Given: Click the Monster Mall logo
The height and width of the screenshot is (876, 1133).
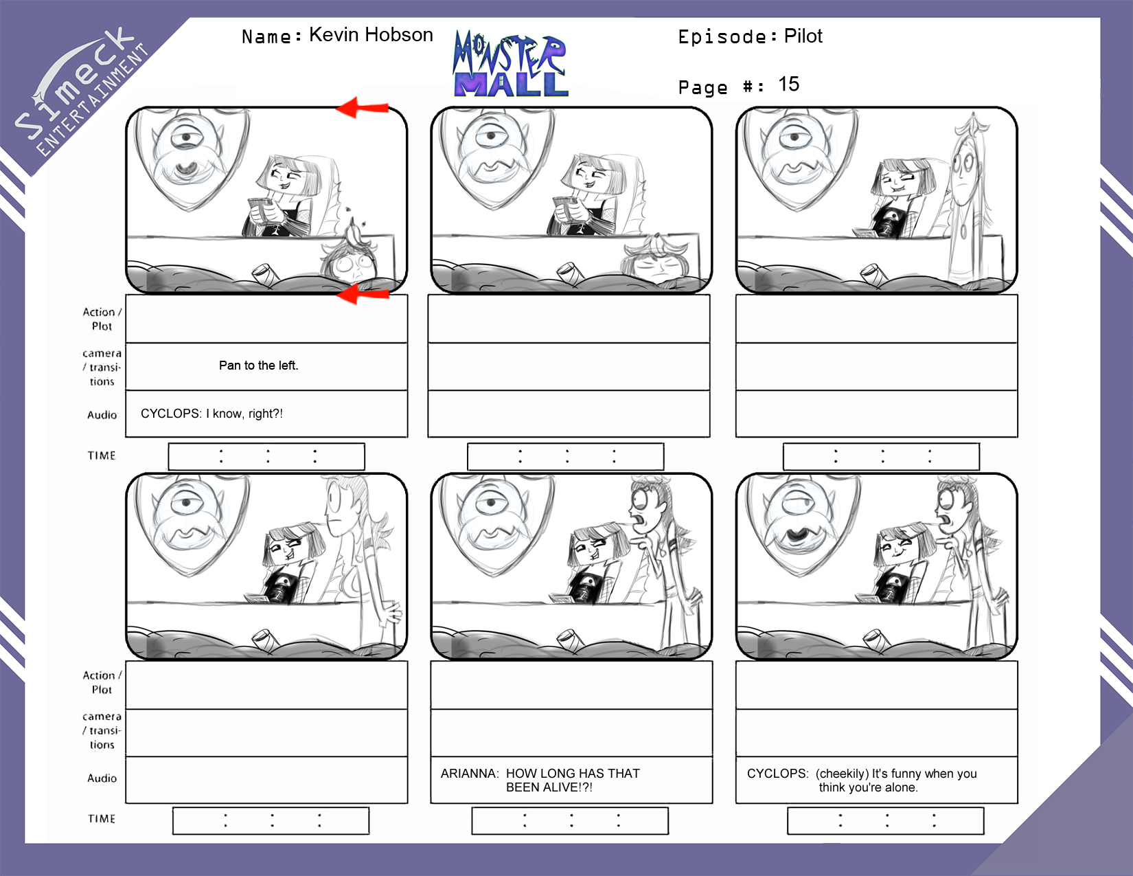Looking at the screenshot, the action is [x=510, y=64].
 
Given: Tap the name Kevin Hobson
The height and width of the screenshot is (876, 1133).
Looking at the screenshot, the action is [x=371, y=35].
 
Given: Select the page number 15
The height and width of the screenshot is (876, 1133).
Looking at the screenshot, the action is [x=788, y=84].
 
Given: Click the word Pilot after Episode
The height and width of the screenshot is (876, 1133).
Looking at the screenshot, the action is [x=803, y=36].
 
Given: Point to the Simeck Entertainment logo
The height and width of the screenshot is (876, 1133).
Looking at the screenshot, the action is [x=81, y=91].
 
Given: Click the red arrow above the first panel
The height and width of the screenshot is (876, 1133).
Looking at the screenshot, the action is [x=362, y=107].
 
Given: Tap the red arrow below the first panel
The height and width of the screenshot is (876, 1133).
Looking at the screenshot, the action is [x=362, y=294].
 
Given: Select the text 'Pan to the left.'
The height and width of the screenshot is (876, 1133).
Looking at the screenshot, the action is [x=259, y=366].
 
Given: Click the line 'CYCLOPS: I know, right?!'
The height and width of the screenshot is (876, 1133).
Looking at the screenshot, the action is [x=211, y=413].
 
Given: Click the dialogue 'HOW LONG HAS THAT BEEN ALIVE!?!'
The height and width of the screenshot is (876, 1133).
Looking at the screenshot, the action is [x=573, y=780].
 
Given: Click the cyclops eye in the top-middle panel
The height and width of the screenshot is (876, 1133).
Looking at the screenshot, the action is [x=491, y=137].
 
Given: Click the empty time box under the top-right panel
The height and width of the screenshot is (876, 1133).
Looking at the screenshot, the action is [x=881, y=456].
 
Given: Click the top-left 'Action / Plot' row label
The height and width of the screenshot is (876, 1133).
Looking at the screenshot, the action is [x=102, y=319].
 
